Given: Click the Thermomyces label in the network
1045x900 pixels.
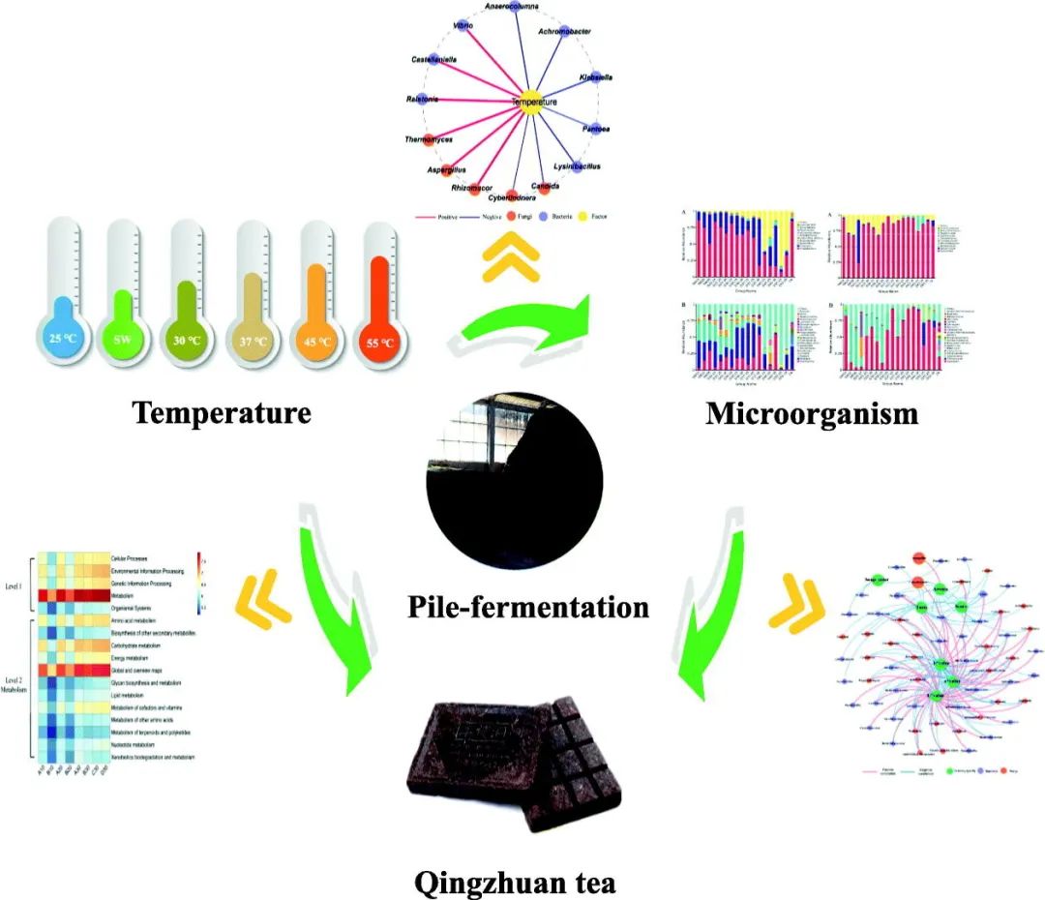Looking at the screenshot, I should click(x=430, y=140).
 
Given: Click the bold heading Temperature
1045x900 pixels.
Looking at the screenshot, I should click(x=222, y=413).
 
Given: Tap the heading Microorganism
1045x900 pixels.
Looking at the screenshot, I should click(x=811, y=413).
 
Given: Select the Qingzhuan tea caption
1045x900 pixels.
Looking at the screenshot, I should click(x=514, y=882).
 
